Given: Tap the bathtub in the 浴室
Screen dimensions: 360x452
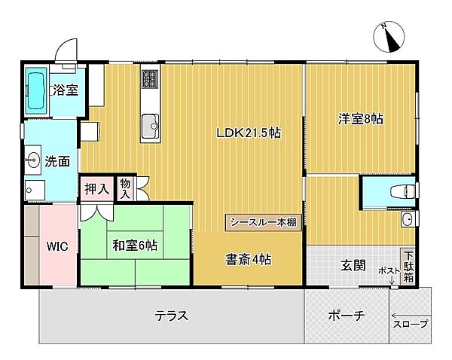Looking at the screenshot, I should click(x=35, y=93).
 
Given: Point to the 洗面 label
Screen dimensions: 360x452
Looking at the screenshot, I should click(x=57, y=160).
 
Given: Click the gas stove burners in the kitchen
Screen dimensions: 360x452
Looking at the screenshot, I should click(x=149, y=78).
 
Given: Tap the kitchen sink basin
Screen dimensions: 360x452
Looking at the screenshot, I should click(x=151, y=123).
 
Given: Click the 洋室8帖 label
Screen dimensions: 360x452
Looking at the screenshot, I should click(x=360, y=119).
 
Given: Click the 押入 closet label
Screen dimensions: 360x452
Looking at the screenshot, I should click(x=96, y=188).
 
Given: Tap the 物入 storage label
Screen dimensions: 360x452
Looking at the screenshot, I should click(x=125, y=188).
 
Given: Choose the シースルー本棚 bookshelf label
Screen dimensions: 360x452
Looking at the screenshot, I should click(x=263, y=221).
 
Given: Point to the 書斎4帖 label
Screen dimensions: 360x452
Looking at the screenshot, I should click(x=249, y=259).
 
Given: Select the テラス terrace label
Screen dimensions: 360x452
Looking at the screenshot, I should click(x=172, y=316).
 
